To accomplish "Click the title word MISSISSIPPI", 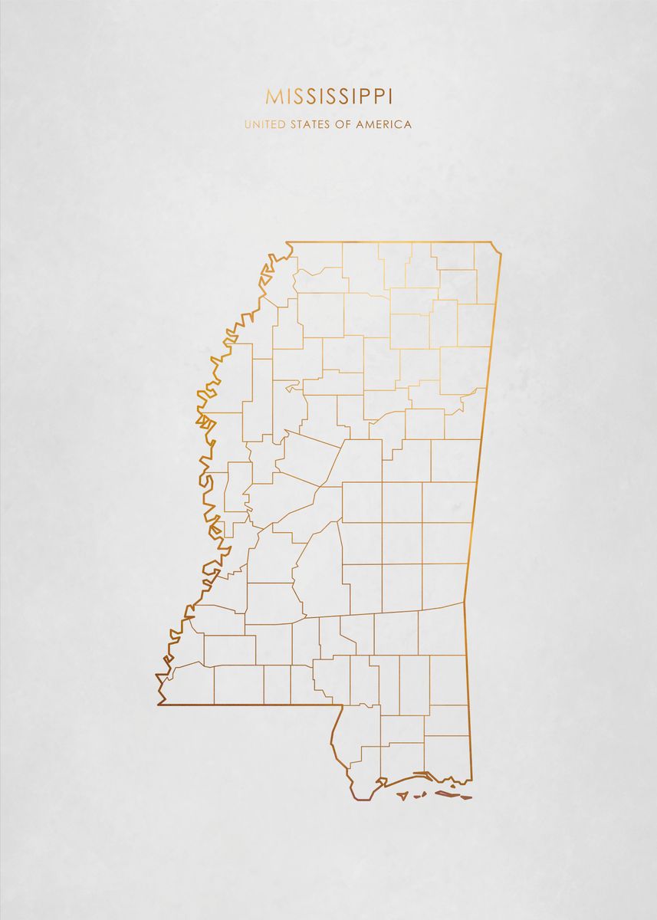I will [329, 96].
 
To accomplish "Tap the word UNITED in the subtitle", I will [264, 124].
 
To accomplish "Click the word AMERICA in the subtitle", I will [383, 124].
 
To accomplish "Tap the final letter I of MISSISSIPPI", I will [390, 96].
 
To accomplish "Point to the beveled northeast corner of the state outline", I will [498, 247].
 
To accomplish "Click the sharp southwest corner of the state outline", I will [159, 703].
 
